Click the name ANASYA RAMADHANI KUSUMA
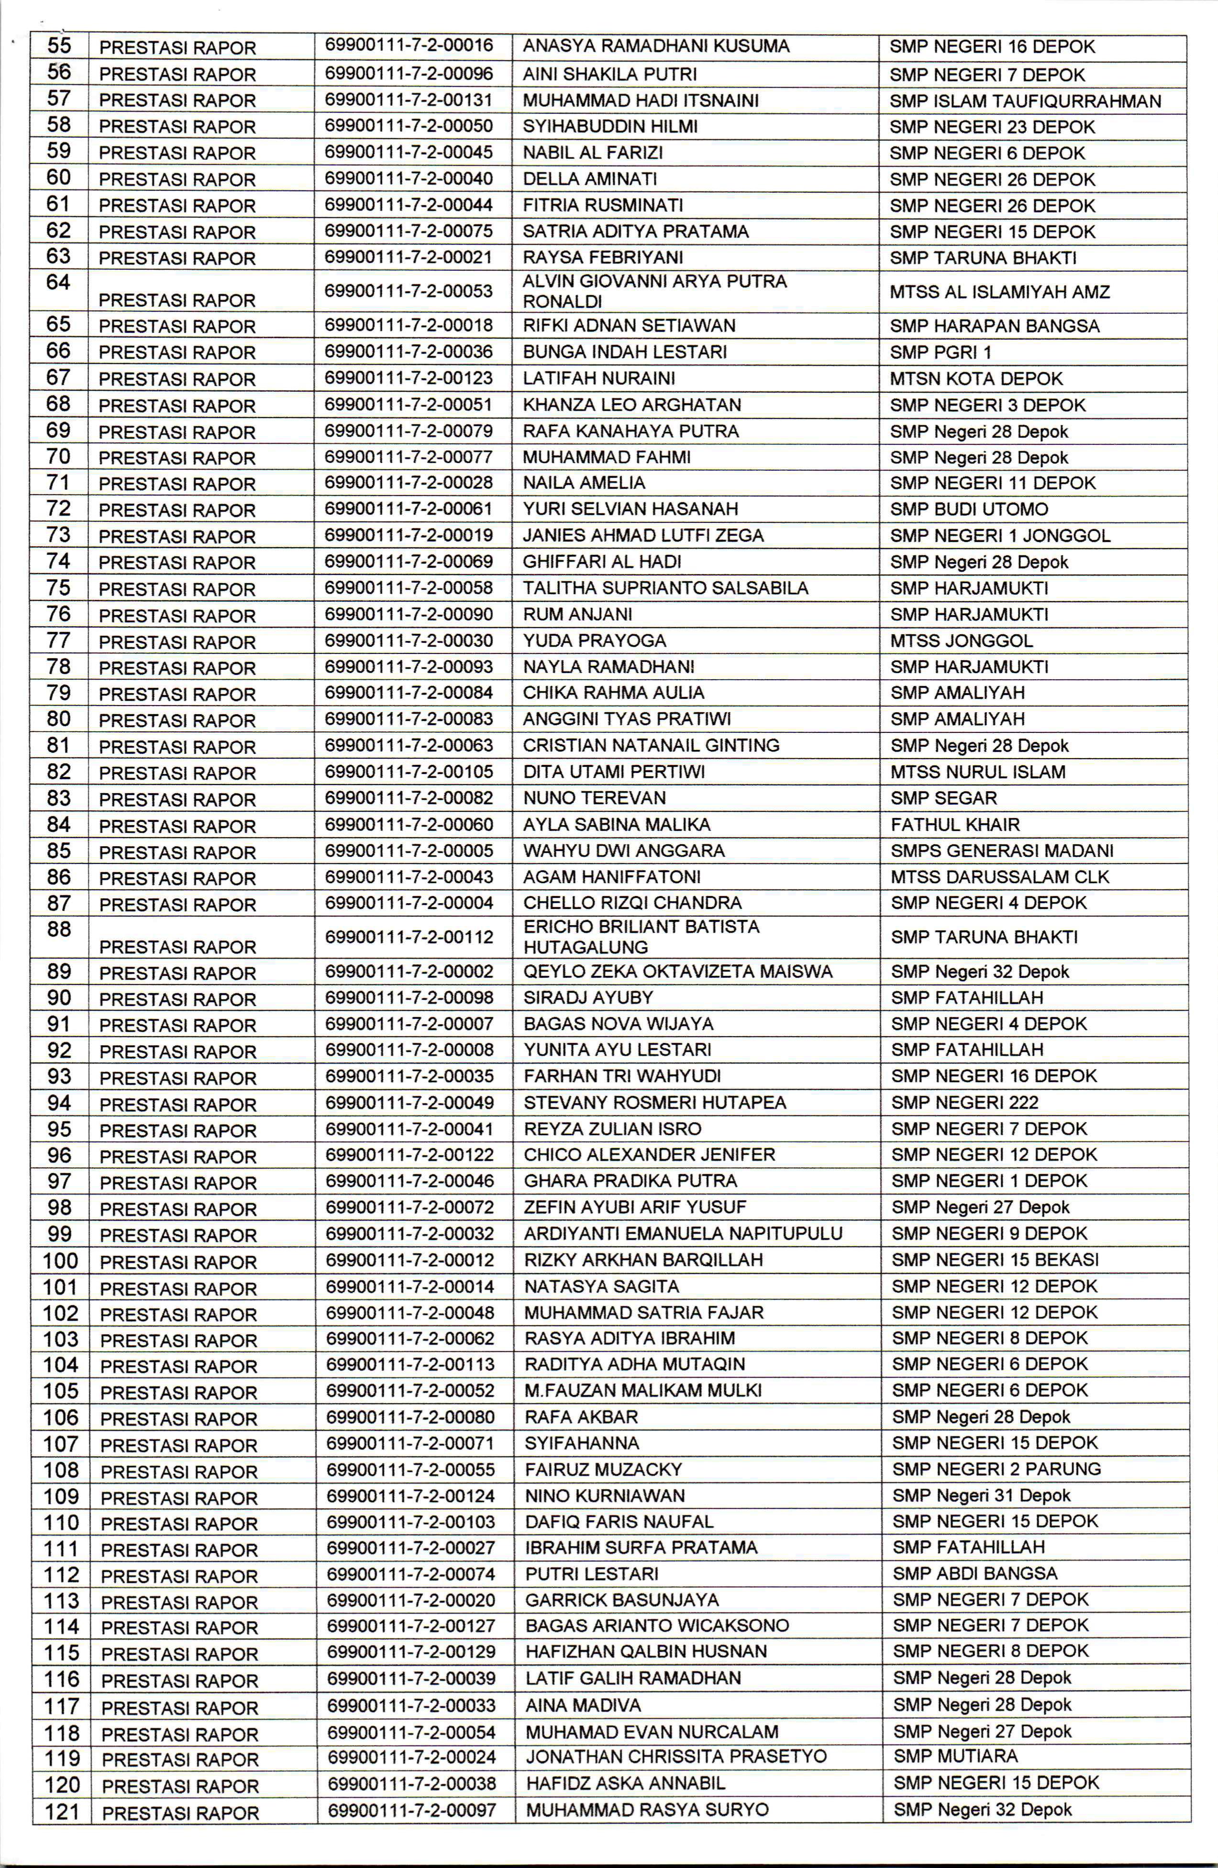[656, 46]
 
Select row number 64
[59, 283]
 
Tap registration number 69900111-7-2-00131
[409, 100]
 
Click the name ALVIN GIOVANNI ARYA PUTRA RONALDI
[654, 291]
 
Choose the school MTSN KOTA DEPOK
[976, 379]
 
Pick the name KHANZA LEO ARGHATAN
[632, 405]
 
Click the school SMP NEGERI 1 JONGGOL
[1000, 536]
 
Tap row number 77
[59, 641]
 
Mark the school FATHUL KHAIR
[955, 825]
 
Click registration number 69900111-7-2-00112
[410, 937]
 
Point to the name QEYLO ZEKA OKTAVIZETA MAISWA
[678, 972]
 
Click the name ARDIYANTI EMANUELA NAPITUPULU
[683, 1233]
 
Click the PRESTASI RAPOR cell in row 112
[179, 1576]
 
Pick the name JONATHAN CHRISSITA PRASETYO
[675, 1757]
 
